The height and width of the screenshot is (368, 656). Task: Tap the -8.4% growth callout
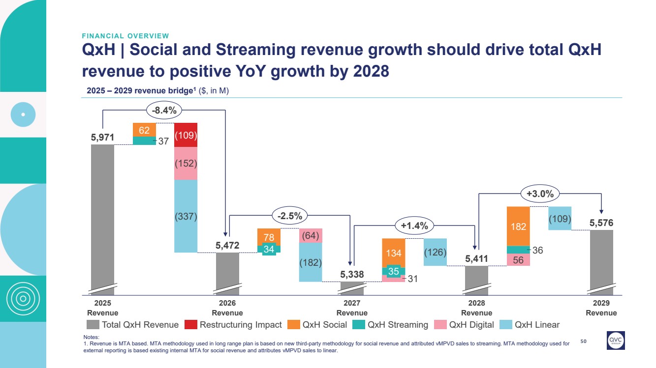pyautogui.click(x=164, y=111)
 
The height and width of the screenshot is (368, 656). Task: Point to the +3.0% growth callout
pyautogui.click(x=540, y=194)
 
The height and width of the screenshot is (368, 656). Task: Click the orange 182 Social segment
pyautogui.click(x=518, y=226)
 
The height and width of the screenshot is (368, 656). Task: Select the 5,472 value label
pyautogui.click(x=227, y=244)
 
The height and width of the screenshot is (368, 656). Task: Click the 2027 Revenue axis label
pyautogui.click(x=352, y=309)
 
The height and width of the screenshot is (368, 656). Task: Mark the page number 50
pyautogui.click(x=584, y=340)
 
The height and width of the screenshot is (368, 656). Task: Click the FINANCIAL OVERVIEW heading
pyautogui.click(x=125, y=36)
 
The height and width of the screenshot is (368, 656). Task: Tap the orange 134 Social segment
pyautogui.click(x=394, y=253)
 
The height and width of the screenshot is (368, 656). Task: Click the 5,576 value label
pyautogui.click(x=601, y=223)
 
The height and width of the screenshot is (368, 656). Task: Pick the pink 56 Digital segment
pyautogui.click(x=518, y=260)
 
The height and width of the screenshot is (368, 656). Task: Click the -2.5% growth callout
pyautogui.click(x=289, y=215)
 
